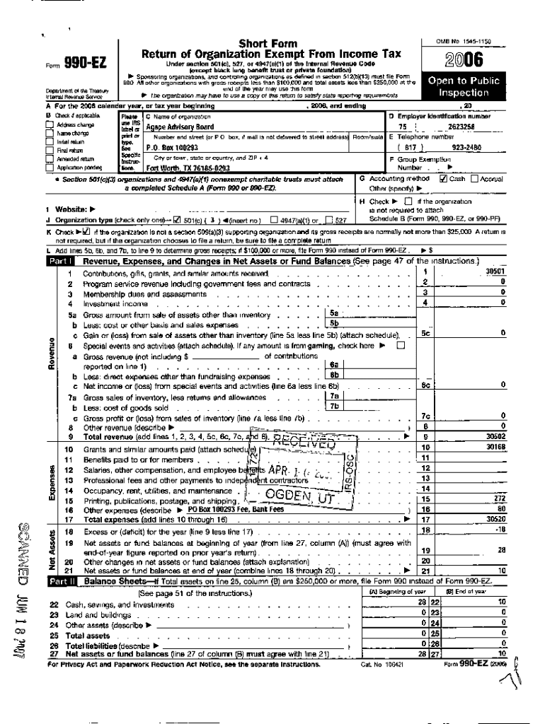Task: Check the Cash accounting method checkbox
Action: click(x=443, y=179)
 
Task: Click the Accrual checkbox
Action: click(x=476, y=179)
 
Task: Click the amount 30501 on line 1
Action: click(x=494, y=271)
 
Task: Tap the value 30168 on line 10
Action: click(x=494, y=447)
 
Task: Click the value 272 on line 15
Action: click(x=498, y=498)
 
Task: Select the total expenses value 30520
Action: click(x=494, y=519)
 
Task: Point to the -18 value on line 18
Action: click(x=500, y=530)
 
